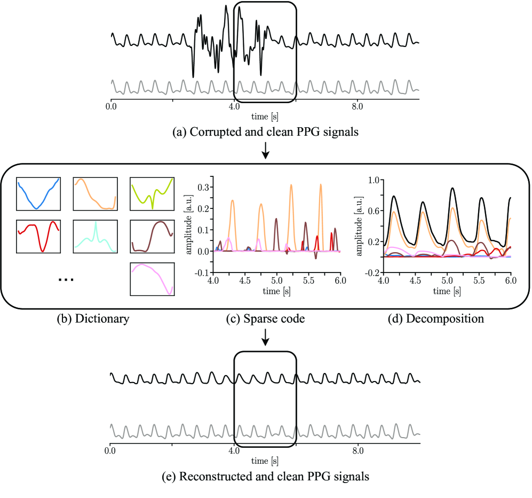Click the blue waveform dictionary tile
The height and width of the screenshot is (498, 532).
38,194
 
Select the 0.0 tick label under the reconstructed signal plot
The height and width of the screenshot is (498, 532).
111,451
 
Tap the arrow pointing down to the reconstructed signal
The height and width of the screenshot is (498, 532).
266,337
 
